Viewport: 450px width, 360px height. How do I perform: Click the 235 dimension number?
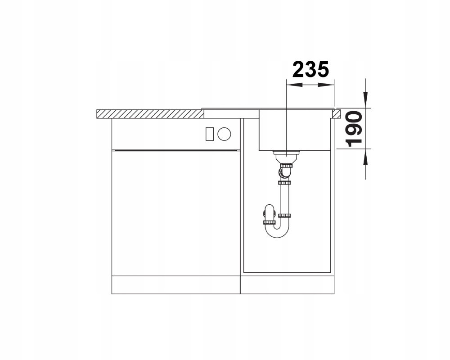tap(310, 69)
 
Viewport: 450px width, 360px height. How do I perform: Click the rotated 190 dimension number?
tap(353, 129)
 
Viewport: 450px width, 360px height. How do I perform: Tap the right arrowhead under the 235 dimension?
tap(326, 85)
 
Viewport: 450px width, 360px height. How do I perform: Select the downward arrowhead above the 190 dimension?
tap(365, 100)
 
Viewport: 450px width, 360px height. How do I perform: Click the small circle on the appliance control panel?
tap(224, 134)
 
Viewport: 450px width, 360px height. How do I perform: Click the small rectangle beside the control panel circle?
tap(210, 134)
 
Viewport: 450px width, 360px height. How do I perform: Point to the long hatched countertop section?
tap(150, 114)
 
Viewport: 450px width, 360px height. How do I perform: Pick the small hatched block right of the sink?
tap(337, 113)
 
